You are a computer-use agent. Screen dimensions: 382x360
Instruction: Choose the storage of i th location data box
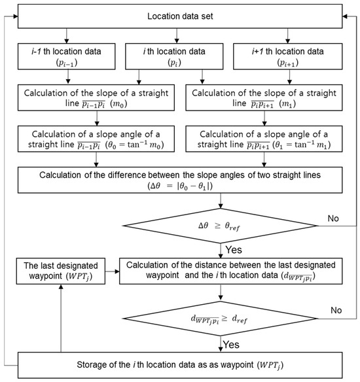pyautogui.click(x=179, y=362)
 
